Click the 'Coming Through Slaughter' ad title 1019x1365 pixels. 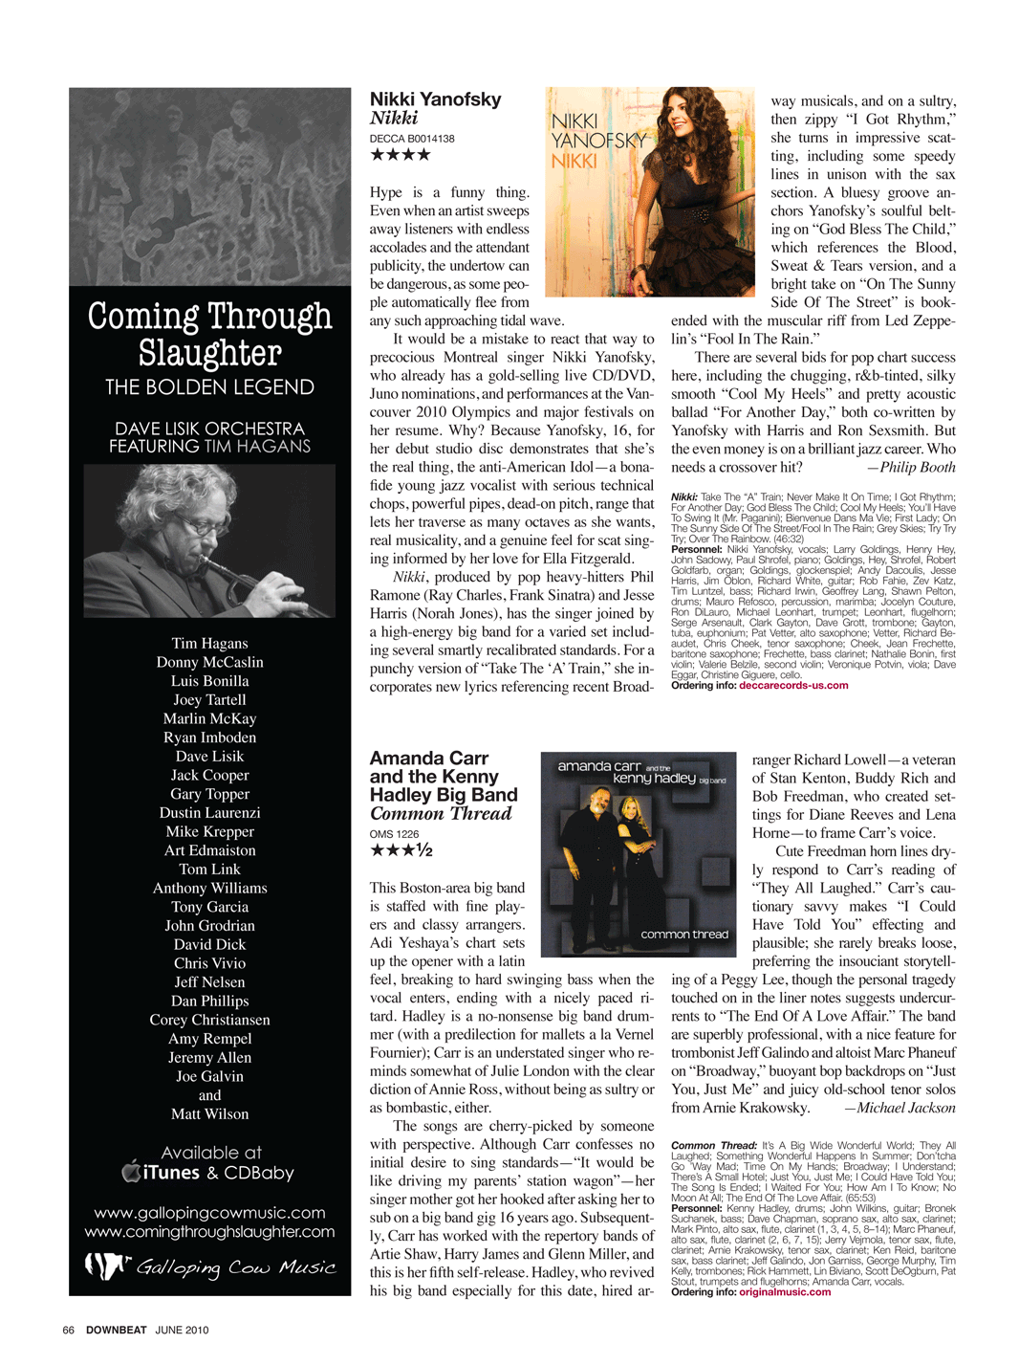209,334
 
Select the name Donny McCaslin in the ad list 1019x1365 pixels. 209,662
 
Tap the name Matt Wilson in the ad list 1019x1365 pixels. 209,1113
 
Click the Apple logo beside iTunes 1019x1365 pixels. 132,1172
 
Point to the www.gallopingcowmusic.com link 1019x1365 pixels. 209,1213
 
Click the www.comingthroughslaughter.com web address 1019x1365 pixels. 209,1232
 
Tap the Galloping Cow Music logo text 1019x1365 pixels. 234,1267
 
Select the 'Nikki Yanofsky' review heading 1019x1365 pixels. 435,99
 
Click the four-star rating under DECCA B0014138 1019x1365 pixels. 401,155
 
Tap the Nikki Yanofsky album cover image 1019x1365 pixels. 649,191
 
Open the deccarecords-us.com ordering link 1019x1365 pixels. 793,685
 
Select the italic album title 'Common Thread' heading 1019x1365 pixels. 441,814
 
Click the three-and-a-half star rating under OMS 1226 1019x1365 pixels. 401,850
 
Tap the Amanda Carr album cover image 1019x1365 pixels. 638,854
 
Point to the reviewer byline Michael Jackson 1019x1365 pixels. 905,1108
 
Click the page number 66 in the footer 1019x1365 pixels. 69,1330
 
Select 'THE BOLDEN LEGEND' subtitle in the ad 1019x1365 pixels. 209,387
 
